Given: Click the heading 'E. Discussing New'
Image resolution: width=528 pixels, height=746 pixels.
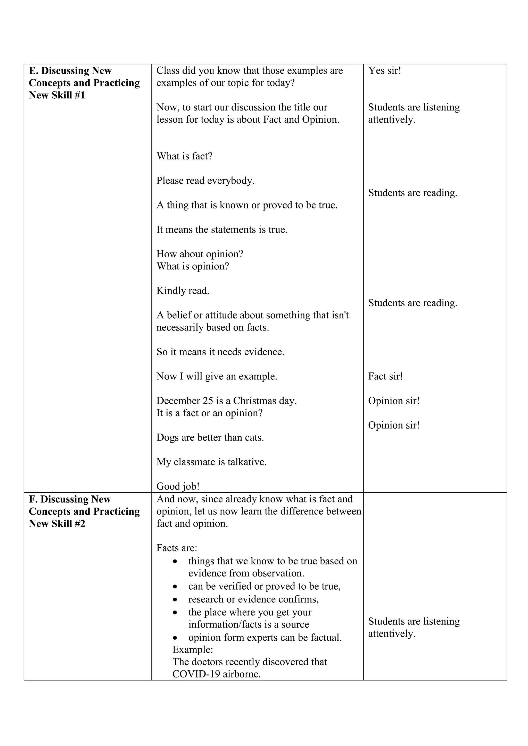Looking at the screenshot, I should point(70,71).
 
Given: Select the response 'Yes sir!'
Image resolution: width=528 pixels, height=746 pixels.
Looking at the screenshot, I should point(384,71).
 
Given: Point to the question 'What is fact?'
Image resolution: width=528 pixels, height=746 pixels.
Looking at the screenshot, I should point(184,156).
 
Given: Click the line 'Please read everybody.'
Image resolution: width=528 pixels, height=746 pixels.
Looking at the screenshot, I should point(205,181).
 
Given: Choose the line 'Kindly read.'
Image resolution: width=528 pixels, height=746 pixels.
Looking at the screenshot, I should point(183,291).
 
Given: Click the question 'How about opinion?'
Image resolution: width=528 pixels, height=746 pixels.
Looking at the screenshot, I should point(200,254).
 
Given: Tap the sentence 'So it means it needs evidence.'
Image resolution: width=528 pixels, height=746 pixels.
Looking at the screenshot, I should point(220,352).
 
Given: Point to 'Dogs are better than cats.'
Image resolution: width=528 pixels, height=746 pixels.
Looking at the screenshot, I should point(210,438).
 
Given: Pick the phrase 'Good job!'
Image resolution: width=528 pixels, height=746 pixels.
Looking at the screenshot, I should point(178,486).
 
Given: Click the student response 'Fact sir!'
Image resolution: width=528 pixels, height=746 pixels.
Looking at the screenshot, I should point(385,377).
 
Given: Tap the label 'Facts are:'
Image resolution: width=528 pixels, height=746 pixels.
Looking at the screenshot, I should point(177,548).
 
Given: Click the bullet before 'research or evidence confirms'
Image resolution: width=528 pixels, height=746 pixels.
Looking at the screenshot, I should point(176,599).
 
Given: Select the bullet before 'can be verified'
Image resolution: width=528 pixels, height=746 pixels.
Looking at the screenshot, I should point(176,587).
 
